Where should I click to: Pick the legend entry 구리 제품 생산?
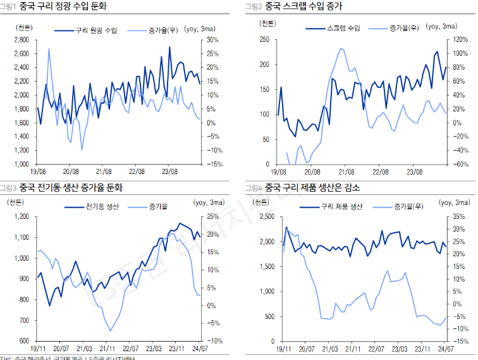tap(341, 207)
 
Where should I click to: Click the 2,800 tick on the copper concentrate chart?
tap(21, 39)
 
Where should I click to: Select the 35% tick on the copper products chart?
tap(459, 217)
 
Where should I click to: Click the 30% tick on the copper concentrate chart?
tap(212, 39)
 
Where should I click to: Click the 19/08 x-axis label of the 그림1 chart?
tap(37, 171)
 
